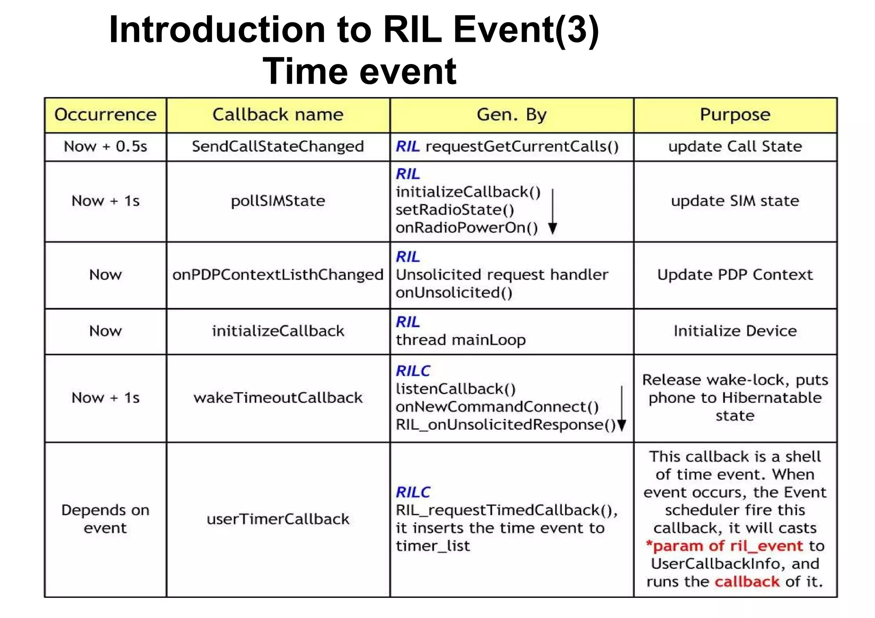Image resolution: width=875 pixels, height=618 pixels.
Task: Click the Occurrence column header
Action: (x=105, y=114)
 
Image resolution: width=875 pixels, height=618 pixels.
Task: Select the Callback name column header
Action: (x=278, y=114)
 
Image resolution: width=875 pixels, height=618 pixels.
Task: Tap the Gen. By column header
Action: (x=511, y=114)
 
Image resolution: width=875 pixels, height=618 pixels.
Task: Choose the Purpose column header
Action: (x=735, y=114)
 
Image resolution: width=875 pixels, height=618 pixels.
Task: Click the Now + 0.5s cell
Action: (x=105, y=146)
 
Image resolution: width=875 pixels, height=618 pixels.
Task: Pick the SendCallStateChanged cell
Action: (x=278, y=146)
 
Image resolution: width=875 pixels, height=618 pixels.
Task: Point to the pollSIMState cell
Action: (x=278, y=201)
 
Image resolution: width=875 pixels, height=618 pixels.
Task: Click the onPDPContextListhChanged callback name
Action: (x=278, y=275)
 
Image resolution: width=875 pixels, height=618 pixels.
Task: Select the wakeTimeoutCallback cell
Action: (x=278, y=398)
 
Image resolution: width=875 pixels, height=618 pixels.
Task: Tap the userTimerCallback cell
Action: (x=278, y=519)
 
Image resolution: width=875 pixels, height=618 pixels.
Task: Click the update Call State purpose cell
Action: (x=735, y=146)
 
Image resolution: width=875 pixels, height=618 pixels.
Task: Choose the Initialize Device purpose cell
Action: (x=735, y=331)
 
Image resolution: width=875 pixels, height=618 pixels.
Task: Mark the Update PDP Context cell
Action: (x=735, y=275)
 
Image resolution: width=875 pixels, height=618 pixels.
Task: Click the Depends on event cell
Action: (x=105, y=519)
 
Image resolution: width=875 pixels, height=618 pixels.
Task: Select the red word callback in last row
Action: (x=747, y=581)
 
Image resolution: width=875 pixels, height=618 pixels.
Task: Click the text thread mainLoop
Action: (x=461, y=340)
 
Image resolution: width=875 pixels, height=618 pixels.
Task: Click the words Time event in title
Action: (x=359, y=71)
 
